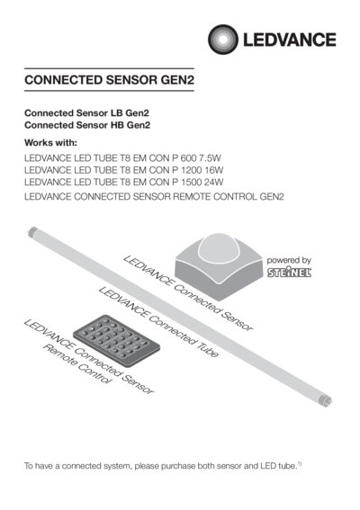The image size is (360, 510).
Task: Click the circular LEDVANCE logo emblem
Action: pos(223,40)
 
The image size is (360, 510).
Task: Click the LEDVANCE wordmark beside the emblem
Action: pos(290,40)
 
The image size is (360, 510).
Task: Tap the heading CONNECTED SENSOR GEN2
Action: pos(110,80)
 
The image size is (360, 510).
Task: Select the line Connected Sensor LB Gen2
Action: pos(86,113)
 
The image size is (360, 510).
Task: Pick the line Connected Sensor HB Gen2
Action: pos(87,125)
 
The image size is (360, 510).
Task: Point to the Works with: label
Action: pos(50,143)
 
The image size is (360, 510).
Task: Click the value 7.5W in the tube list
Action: pos(211,158)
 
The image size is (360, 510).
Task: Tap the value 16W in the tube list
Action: pos(214,170)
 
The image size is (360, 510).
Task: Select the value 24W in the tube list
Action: pos(214,182)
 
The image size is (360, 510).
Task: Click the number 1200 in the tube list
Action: pos(192,170)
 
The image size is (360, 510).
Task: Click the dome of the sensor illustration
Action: pos(220,250)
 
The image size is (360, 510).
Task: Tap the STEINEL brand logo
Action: pos(290,273)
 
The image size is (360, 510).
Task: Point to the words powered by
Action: pos(289,261)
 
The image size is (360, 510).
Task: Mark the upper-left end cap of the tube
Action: pos(32,231)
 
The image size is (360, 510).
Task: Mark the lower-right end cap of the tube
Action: pos(326,401)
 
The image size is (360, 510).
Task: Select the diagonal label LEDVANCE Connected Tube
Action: pos(158,322)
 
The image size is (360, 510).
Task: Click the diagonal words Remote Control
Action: pos(77,364)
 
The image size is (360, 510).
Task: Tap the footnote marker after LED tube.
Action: pos(300,464)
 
